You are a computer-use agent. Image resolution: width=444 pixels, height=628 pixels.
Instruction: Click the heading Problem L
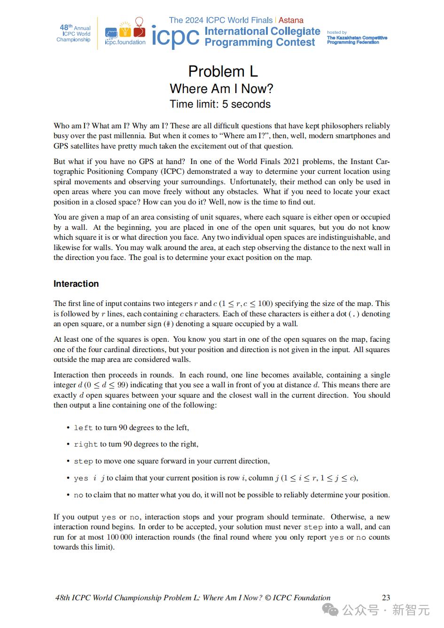coord(223,71)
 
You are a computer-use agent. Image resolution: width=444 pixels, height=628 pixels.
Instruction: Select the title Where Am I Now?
coord(221,89)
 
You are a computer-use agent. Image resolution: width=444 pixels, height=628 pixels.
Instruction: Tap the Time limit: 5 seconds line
coord(220,104)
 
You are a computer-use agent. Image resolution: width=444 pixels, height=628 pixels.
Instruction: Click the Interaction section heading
coord(76,284)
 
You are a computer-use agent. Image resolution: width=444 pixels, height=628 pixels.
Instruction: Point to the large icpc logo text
coord(175,37)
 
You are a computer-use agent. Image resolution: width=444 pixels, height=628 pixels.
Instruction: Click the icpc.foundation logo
coord(125,33)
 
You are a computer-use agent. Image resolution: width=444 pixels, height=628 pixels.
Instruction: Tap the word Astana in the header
coord(291,20)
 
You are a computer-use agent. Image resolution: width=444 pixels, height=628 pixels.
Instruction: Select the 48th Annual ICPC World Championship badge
coord(74,33)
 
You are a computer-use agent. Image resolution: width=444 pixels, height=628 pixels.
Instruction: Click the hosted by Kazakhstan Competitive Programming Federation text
coord(357,38)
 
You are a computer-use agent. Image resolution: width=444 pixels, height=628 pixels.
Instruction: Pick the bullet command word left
coord(83,428)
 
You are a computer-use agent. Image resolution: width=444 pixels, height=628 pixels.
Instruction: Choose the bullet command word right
coord(86,444)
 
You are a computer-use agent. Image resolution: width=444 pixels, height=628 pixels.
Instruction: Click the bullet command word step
coord(83,461)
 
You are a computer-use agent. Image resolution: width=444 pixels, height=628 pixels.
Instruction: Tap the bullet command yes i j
coord(89,478)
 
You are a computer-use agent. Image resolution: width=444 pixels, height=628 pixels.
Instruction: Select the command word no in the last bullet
coord(78,495)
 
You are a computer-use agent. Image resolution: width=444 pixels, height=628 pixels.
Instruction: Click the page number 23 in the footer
coord(386,598)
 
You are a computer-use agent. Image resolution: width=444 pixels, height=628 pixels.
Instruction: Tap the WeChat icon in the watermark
coord(333,610)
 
